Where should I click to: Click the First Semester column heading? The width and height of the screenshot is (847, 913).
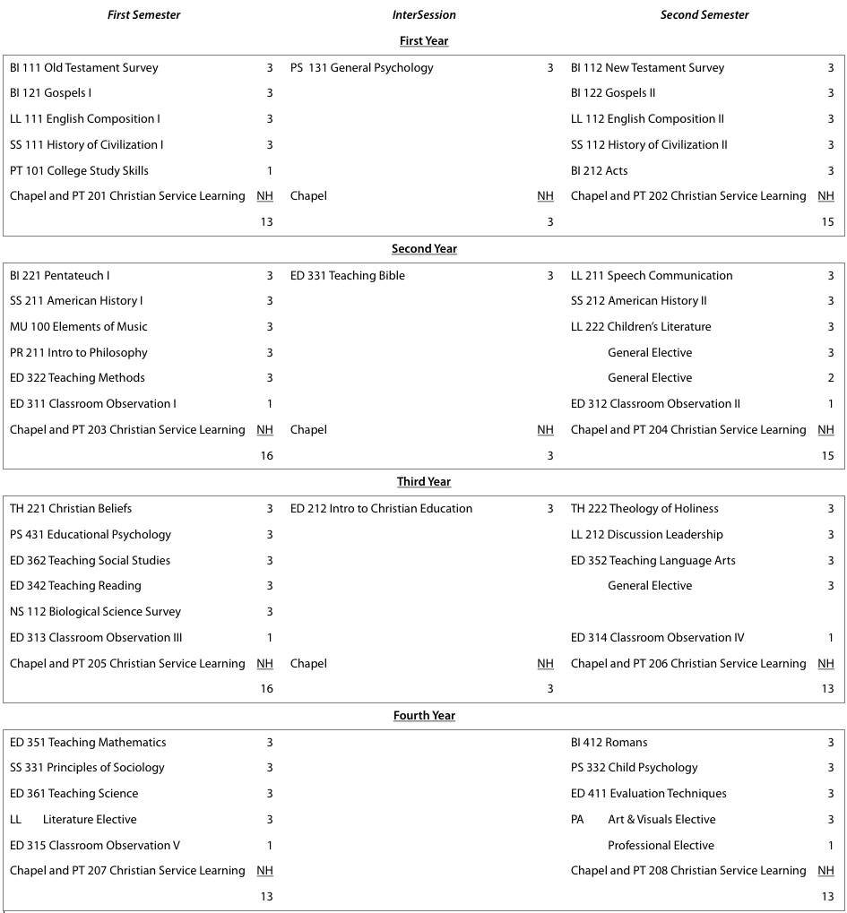pyautogui.click(x=143, y=15)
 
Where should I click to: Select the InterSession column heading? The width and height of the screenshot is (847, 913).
pyautogui.click(x=424, y=15)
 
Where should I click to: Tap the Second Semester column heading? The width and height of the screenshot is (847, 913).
pyautogui.click(x=704, y=15)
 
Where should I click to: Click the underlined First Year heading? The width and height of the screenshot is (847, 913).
pyautogui.click(x=424, y=41)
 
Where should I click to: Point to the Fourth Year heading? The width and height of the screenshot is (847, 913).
pyautogui.click(x=424, y=716)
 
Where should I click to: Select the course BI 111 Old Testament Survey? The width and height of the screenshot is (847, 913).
pyautogui.click(x=84, y=68)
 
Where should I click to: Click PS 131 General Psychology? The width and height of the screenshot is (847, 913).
pyautogui.click(x=361, y=68)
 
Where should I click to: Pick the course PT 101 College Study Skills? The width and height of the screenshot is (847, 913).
pyautogui.click(x=79, y=171)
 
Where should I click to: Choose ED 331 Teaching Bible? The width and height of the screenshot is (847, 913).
pyautogui.click(x=348, y=276)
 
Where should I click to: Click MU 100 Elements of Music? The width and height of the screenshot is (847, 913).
pyautogui.click(x=79, y=327)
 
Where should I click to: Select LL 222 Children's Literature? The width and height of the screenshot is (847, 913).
pyautogui.click(x=641, y=327)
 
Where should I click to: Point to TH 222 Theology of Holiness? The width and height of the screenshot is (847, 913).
pyautogui.click(x=644, y=509)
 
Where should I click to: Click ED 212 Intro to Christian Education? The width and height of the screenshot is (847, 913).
pyautogui.click(x=381, y=509)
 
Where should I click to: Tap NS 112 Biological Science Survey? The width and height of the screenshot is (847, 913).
pyautogui.click(x=95, y=612)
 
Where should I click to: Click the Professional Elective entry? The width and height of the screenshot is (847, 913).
pyautogui.click(x=661, y=846)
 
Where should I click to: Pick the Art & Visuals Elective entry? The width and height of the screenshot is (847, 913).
pyautogui.click(x=661, y=820)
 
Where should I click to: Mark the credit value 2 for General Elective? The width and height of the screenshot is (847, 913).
pyautogui.click(x=831, y=378)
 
